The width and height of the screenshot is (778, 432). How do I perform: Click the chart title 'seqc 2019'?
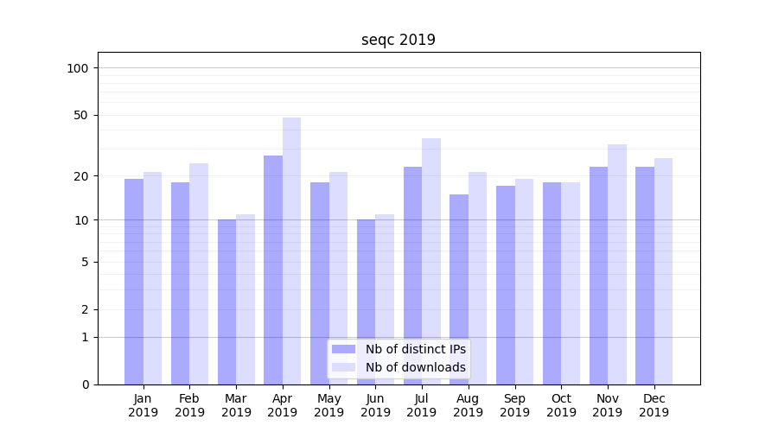point(398,41)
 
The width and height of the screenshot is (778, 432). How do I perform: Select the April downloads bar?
point(291,251)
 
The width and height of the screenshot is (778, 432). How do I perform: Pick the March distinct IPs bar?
point(226,302)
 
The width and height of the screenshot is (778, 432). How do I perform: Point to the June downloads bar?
point(385,299)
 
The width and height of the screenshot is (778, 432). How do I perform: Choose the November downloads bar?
point(616,264)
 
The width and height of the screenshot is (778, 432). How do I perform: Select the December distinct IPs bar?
point(645,276)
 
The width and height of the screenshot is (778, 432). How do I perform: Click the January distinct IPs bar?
point(134,282)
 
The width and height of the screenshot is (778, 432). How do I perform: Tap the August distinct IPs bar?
point(459,289)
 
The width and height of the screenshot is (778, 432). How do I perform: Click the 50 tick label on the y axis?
point(80,115)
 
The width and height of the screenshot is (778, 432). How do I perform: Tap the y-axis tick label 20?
point(80,176)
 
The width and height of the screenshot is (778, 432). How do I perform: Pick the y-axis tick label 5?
point(84,262)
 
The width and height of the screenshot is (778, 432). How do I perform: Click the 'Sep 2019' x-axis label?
point(514,405)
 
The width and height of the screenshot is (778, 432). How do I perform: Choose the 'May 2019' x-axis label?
point(328,405)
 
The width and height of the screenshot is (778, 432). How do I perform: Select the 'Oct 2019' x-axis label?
point(561,405)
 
